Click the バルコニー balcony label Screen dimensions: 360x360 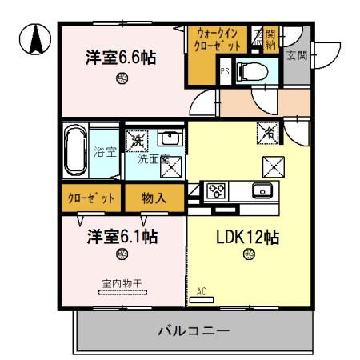coord(194,330)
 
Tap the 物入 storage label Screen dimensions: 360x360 coord(154,197)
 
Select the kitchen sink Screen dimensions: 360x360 coord(262,190)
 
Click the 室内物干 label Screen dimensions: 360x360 coord(122,282)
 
